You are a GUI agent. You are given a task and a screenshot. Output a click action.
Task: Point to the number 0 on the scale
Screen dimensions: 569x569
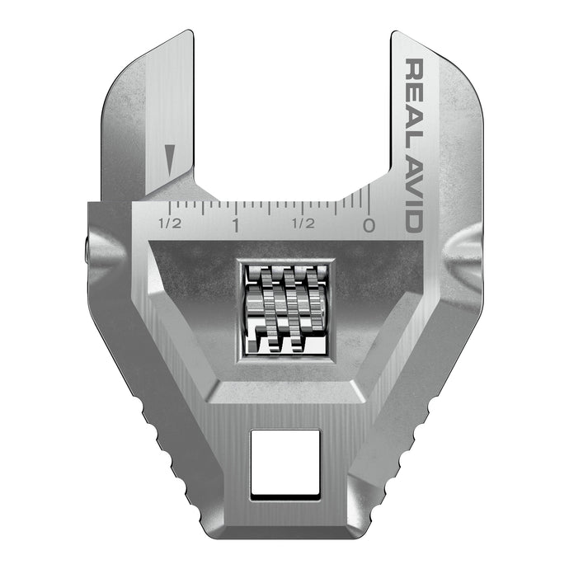click(x=369, y=224)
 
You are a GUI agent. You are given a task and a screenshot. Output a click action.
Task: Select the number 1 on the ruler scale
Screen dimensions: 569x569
click(x=236, y=224)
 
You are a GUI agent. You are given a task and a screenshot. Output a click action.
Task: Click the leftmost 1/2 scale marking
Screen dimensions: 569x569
click(x=169, y=223)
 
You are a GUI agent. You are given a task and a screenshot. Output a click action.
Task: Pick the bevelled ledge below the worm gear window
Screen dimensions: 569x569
click(x=285, y=387)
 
